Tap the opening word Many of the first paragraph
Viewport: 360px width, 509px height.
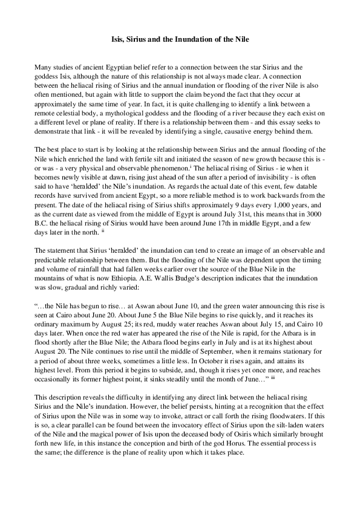click(44, 66)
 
